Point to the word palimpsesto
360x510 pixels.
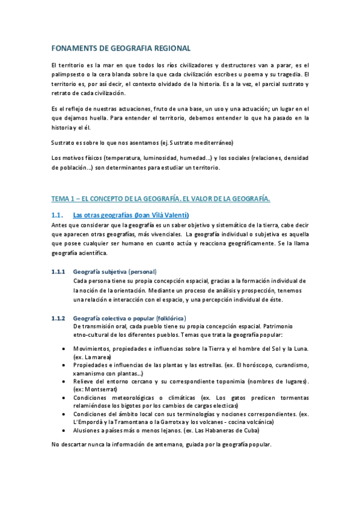[70, 75]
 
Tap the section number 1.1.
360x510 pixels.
[58, 215]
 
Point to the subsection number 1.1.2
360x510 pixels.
[59, 318]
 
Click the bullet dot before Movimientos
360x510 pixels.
[64, 349]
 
